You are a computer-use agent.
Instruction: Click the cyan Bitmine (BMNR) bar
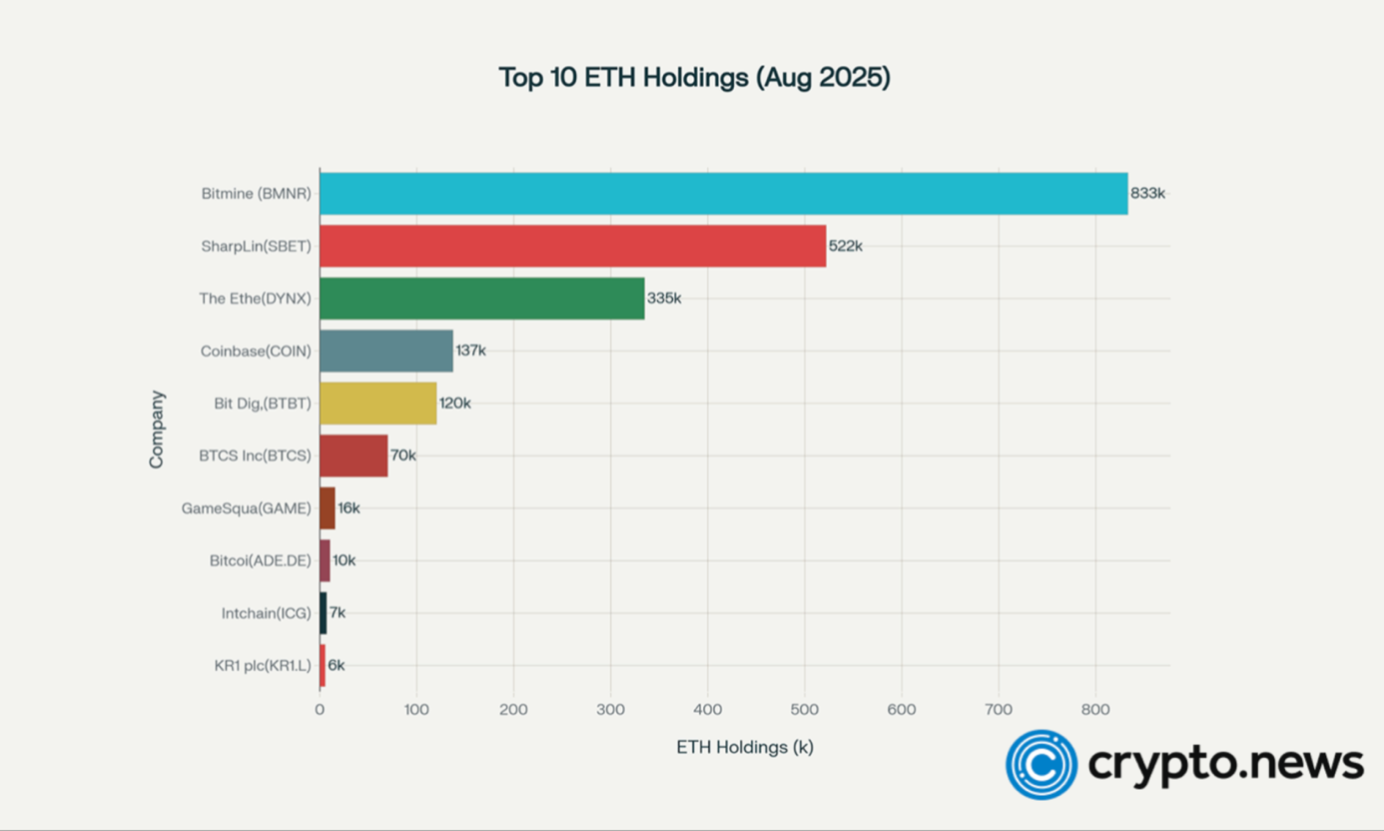point(723,194)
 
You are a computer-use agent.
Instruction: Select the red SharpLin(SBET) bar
point(572,246)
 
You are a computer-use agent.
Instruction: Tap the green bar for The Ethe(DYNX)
point(481,299)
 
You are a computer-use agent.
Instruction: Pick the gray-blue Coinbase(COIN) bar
point(385,351)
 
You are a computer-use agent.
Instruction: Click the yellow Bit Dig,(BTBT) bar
point(377,404)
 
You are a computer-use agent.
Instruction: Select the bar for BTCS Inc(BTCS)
point(353,455)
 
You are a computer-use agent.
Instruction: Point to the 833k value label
point(1147,194)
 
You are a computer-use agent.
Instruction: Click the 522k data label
point(845,246)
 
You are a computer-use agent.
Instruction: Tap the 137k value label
point(470,351)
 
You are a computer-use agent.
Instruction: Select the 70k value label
point(402,455)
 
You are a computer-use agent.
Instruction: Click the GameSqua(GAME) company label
point(246,508)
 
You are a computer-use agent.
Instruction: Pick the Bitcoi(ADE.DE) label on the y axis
point(260,560)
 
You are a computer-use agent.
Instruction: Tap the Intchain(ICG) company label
point(266,613)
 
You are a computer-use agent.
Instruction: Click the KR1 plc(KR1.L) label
point(263,665)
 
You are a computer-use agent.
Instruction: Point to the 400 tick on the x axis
point(707,709)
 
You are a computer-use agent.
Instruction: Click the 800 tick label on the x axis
point(1094,709)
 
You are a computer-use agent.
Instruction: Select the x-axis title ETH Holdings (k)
point(745,747)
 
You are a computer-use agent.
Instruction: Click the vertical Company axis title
point(157,429)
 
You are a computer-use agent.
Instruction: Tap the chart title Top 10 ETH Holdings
point(694,78)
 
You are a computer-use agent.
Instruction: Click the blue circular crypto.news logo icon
point(1040,765)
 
